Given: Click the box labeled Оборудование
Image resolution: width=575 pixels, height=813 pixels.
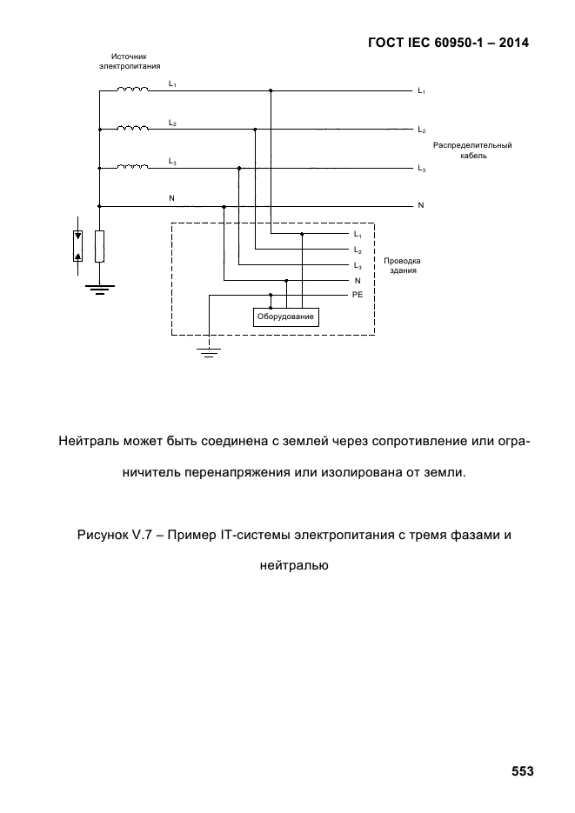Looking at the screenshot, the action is pyautogui.click(x=285, y=317).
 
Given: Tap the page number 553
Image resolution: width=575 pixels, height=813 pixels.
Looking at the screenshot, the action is pyautogui.click(x=522, y=771).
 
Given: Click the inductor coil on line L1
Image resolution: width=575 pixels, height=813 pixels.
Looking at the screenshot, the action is pyautogui.click(x=133, y=90).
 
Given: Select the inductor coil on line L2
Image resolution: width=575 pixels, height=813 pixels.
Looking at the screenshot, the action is pyautogui.click(x=133, y=128).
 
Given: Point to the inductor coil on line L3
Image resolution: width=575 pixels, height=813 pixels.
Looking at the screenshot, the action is pyautogui.click(x=133, y=166).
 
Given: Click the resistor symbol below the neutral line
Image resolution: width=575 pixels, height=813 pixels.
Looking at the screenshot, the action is pyautogui.click(x=99, y=246).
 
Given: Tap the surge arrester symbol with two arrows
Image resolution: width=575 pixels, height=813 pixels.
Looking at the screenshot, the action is pyautogui.click(x=77, y=246).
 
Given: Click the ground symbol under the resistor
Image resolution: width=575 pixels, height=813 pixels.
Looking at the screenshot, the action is pyautogui.click(x=99, y=290).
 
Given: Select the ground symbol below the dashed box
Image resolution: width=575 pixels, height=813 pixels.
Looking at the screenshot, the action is pyautogui.click(x=209, y=353).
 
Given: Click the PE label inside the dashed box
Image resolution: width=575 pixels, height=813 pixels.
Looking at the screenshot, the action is pyautogui.click(x=358, y=295).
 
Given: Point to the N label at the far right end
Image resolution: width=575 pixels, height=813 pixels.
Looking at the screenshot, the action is pyautogui.click(x=421, y=205).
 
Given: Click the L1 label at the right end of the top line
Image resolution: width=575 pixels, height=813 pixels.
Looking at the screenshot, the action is pyautogui.click(x=422, y=91).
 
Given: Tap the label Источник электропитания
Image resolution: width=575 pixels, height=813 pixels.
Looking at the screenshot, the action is pyautogui.click(x=130, y=61).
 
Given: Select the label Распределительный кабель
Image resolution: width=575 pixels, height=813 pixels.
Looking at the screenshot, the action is pyautogui.click(x=472, y=150).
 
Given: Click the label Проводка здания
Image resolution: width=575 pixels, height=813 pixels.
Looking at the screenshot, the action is pyautogui.click(x=403, y=265).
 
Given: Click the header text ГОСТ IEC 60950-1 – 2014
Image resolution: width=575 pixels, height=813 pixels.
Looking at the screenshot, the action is pyautogui.click(x=449, y=43).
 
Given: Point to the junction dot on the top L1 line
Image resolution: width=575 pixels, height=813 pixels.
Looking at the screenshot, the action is pyautogui.click(x=271, y=90).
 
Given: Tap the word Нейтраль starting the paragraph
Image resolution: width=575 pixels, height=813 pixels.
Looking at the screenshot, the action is pyautogui.click(x=89, y=442).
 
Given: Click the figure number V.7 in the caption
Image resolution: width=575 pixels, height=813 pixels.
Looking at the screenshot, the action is pyautogui.click(x=141, y=535).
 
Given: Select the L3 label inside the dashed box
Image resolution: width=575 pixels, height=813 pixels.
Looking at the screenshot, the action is pyautogui.click(x=358, y=266).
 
